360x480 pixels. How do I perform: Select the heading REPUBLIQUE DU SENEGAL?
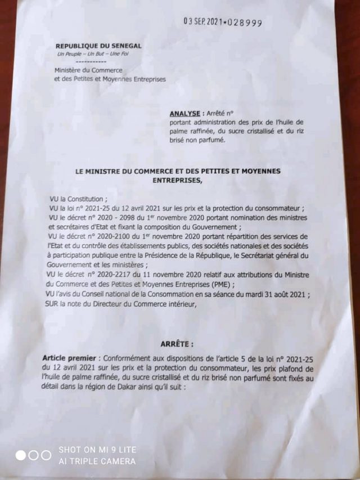[x=98, y=46]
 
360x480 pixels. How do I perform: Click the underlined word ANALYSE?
[x=184, y=113]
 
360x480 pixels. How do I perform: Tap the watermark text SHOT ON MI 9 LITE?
[x=97, y=450]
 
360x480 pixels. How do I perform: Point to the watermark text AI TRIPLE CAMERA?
[x=97, y=461]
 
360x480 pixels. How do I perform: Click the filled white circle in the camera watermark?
[x=21, y=455]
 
